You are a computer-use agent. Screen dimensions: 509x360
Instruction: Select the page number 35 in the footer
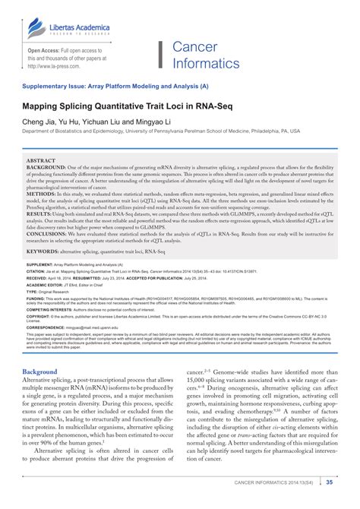tap(329, 482)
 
